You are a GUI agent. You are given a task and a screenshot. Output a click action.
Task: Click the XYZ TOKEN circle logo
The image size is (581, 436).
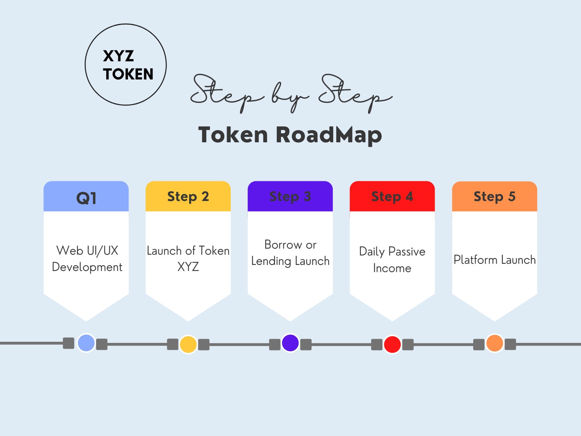pyautogui.click(x=126, y=65)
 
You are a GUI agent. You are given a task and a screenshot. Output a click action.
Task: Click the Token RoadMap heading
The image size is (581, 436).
pyautogui.click(x=290, y=135)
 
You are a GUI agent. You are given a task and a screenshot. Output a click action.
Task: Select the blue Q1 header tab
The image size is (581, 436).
pyautogui.click(x=86, y=197)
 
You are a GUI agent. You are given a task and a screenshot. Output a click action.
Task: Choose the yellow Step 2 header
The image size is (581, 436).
pyautogui.click(x=188, y=196)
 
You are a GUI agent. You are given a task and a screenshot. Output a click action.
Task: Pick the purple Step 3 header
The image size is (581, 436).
pyautogui.click(x=290, y=196)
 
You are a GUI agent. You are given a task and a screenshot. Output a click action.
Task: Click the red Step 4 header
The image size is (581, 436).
pyautogui.click(x=392, y=196)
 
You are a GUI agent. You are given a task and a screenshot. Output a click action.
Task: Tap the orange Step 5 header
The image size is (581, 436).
pyautogui.click(x=494, y=196)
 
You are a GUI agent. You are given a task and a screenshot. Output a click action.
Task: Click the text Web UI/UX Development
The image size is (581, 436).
pyautogui.click(x=87, y=258)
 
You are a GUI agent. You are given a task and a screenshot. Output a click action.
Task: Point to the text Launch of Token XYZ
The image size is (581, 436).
pyautogui.click(x=188, y=258)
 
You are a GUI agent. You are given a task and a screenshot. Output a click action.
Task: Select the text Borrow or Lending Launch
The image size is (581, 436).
pyautogui.click(x=290, y=253)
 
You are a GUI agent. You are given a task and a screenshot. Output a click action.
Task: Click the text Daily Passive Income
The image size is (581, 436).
pyautogui.click(x=392, y=260)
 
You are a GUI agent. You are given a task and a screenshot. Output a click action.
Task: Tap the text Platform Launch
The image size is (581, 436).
pyautogui.click(x=494, y=260)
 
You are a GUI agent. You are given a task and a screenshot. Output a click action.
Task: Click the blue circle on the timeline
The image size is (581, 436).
pyautogui.click(x=86, y=343)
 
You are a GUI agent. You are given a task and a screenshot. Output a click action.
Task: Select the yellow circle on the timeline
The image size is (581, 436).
pyautogui.click(x=188, y=344)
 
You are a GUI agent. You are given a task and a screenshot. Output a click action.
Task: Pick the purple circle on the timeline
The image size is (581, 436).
pyautogui.click(x=290, y=343)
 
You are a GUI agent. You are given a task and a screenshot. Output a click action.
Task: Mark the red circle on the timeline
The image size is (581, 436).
pyautogui.click(x=392, y=344)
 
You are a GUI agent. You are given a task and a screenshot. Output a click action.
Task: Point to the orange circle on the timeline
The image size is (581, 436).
pyautogui.click(x=494, y=343)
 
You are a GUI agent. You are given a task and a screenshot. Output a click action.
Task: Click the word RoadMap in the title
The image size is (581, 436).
pyautogui.click(x=329, y=135)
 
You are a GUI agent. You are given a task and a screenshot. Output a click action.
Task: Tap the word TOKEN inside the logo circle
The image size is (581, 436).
pyautogui.click(x=128, y=74)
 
